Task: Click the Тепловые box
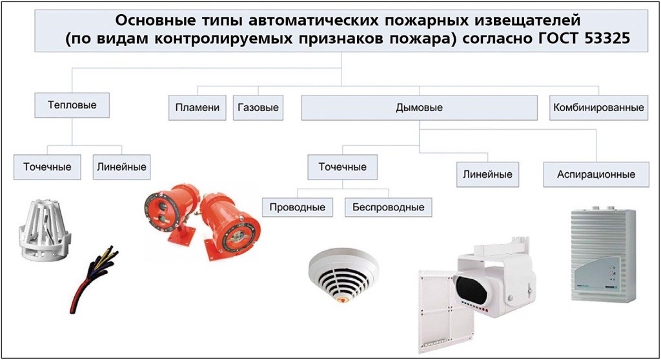[72, 105]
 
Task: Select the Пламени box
[198, 108]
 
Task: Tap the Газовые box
[258, 108]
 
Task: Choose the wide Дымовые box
[419, 108]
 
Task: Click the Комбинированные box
[598, 108]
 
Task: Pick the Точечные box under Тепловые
[47, 167]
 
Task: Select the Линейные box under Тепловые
[121, 167]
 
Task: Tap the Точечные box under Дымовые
[342, 167]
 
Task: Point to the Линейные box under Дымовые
[488, 175]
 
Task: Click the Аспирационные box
[596, 175]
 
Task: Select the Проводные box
[297, 207]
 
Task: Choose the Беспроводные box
[388, 207]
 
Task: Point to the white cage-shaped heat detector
[45, 230]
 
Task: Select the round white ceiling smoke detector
[343, 275]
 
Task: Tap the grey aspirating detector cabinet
[603, 254]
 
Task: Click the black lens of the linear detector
[473, 288]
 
